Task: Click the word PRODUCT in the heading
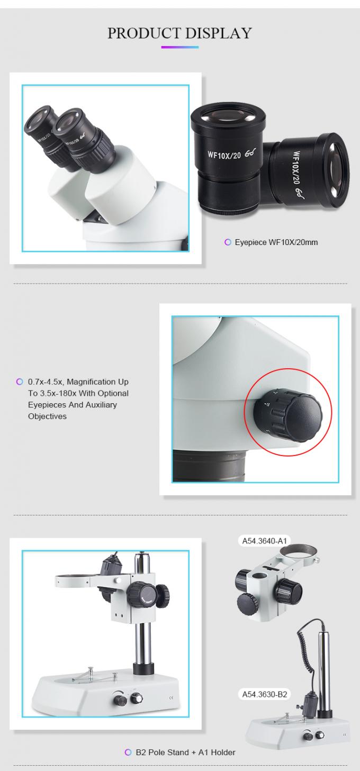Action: pyautogui.click(x=142, y=33)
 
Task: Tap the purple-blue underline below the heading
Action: pyautogui.click(x=180, y=47)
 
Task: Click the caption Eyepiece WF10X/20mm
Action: pyautogui.click(x=276, y=242)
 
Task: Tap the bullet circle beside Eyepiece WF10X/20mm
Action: pyautogui.click(x=228, y=242)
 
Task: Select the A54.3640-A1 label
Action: pyautogui.click(x=265, y=541)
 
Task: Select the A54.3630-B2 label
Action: pyautogui.click(x=265, y=694)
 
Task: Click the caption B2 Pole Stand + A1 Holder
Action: pyautogui.click(x=186, y=752)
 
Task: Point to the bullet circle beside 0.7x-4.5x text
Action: pyautogui.click(x=20, y=382)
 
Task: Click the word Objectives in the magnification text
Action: pyautogui.click(x=47, y=416)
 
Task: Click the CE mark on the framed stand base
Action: pyautogui.click(x=171, y=697)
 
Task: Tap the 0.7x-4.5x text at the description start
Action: pyautogui.click(x=46, y=382)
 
